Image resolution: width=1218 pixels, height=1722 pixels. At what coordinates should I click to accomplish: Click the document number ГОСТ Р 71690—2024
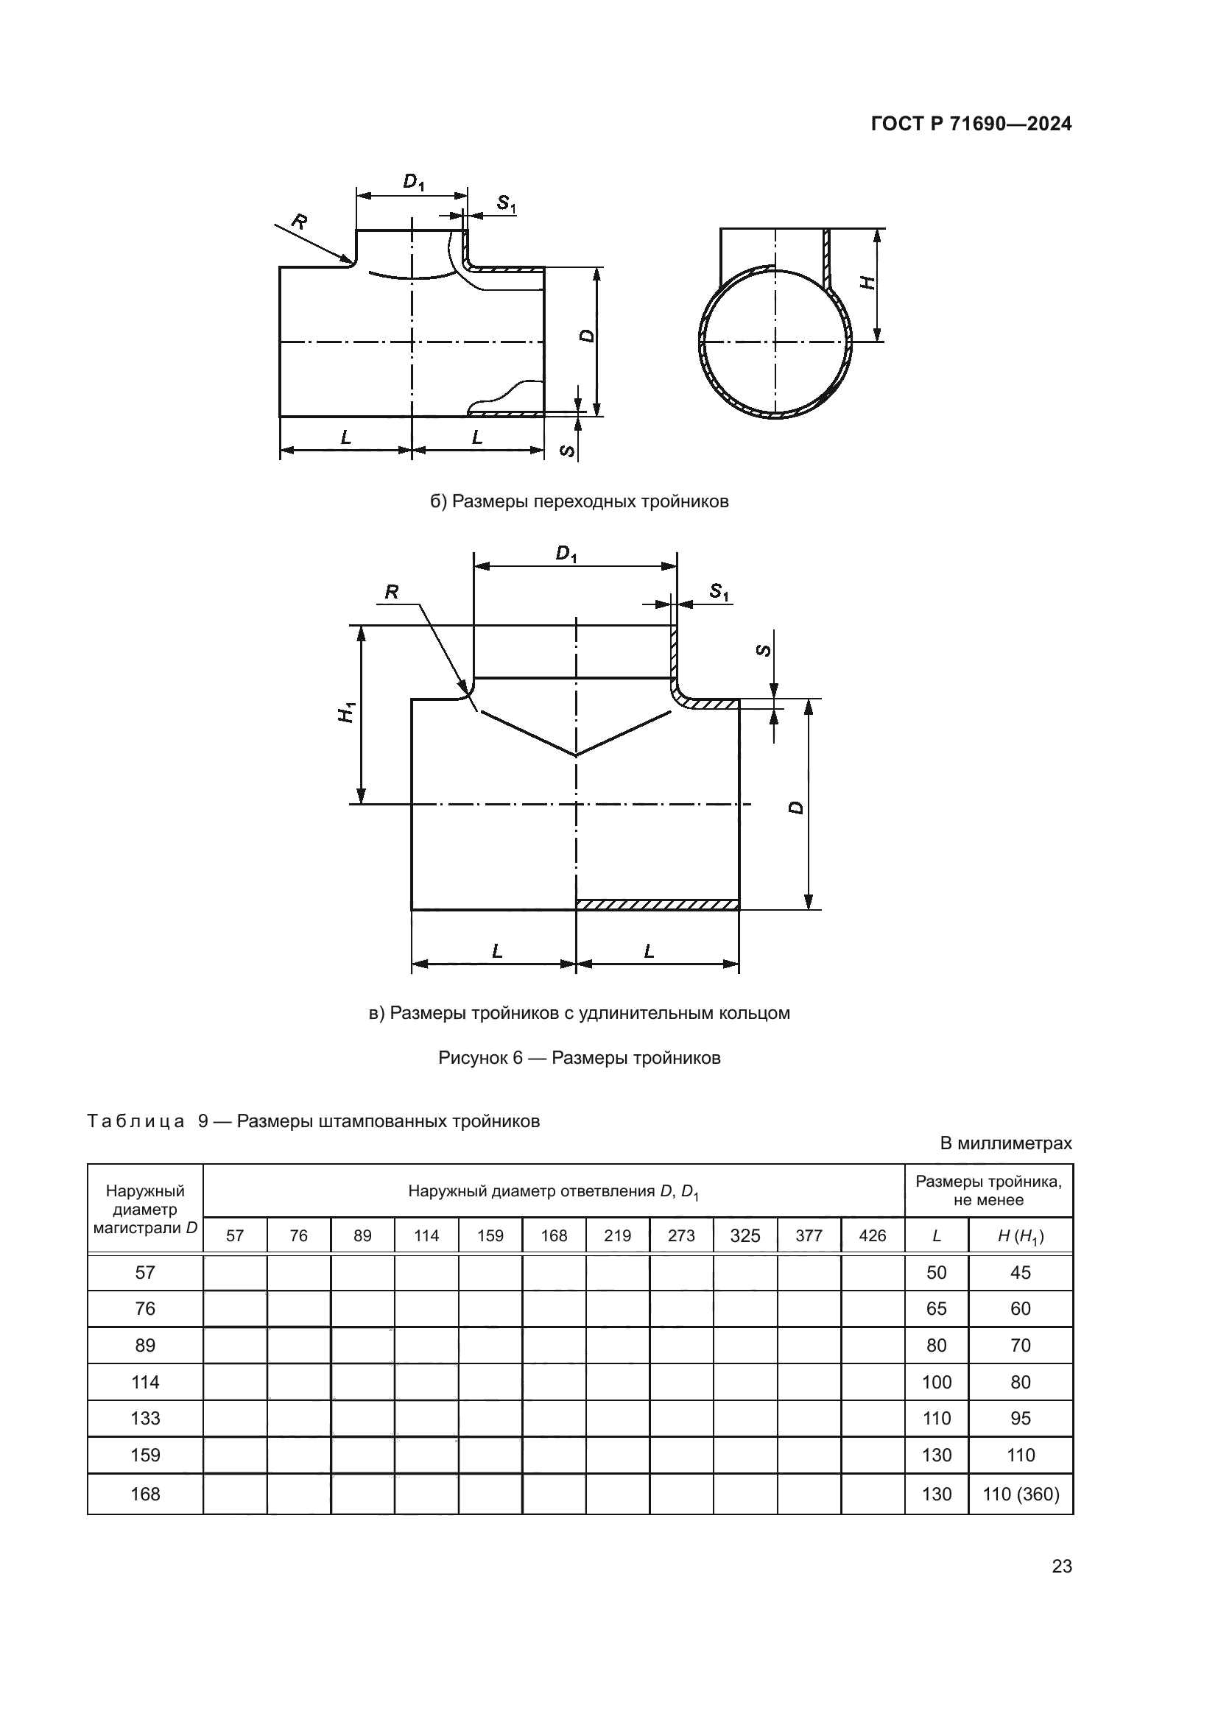[971, 124]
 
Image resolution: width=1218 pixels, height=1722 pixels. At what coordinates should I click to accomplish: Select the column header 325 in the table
[744, 1235]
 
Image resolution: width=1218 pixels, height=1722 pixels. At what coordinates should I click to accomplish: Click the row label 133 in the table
[145, 1418]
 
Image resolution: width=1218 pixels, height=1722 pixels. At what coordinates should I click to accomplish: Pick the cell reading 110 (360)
[1021, 1494]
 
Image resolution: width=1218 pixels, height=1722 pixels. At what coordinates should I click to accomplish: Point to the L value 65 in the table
[936, 1309]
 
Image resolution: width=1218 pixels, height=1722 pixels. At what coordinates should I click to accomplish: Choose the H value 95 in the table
[1021, 1418]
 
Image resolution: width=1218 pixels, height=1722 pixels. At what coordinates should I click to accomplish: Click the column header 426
[872, 1235]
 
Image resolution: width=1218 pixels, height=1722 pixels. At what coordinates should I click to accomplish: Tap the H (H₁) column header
[1021, 1236]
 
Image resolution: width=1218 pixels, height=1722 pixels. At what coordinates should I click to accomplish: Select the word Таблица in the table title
[135, 1121]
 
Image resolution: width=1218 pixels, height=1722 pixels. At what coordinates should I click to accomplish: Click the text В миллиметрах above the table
[1006, 1143]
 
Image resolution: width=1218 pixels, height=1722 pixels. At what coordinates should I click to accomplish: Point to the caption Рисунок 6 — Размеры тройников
[579, 1057]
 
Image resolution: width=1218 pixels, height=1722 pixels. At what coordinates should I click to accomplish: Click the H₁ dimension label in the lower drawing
[346, 712]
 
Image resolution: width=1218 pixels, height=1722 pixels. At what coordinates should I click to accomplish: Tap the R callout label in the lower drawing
[392, 593]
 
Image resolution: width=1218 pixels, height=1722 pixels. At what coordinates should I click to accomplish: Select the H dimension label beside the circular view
[867, 283]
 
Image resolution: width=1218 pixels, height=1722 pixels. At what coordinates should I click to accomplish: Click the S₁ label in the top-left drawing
[505, 202]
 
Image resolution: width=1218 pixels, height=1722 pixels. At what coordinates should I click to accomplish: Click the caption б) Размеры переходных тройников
[579, 501]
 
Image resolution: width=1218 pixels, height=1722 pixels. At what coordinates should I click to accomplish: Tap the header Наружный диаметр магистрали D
[145, 1209]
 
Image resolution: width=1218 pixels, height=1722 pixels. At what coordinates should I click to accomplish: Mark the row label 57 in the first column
[145, 1272]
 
